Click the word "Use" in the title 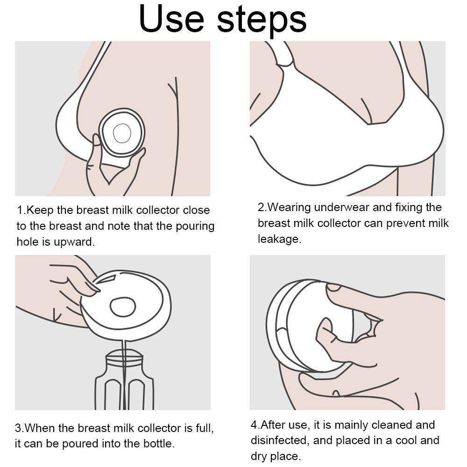coord(171,19)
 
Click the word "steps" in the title coord(262,21)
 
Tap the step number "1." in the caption coord(21,210)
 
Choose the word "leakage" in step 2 coord(278,239)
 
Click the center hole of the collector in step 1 coord(122,133)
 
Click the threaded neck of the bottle coord(125,359)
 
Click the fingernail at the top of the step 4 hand coord(334,287)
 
